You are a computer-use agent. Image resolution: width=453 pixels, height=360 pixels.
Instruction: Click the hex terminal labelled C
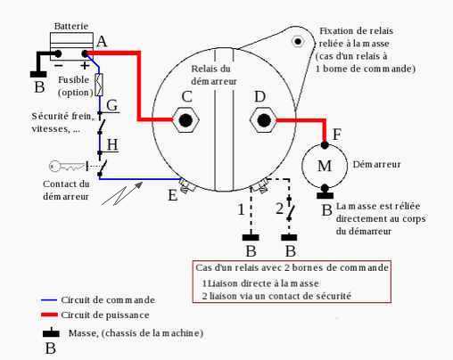click(x=185, y=119)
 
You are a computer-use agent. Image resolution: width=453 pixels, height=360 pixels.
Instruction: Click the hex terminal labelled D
click(x=262, y=119)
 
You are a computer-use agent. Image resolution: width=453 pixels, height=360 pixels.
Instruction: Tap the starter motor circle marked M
click(x=324, y=167)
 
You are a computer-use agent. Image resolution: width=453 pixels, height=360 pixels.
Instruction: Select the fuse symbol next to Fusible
click(x=99, y=86)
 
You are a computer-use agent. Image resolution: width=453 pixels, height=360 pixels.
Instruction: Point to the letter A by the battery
click(x=102, y=42)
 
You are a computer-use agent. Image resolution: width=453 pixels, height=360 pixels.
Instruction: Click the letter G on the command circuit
click(x=112, y=106)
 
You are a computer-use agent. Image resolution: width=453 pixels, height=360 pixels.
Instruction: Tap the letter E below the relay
click(x=173, y=195)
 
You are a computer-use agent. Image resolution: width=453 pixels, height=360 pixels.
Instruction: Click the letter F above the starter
click(x=336, y=134)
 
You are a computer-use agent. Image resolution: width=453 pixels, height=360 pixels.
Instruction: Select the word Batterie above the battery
click(x=71, y=28)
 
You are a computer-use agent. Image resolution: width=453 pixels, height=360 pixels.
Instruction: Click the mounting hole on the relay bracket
click(x=297, y=41)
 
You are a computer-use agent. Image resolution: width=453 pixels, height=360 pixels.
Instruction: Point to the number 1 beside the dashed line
click(x=240, y=209)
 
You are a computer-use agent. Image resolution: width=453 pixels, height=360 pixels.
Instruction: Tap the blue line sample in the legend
click(x=49, y=299)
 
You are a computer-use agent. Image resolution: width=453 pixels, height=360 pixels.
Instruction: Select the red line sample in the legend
click(x=49, y=315)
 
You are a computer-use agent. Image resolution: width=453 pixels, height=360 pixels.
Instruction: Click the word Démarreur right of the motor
click(x=376, y=165)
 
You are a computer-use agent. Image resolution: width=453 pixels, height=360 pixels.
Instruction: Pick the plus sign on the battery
click(x=85, y=64)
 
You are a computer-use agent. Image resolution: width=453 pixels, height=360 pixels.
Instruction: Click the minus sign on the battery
click(x=58, y=64)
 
